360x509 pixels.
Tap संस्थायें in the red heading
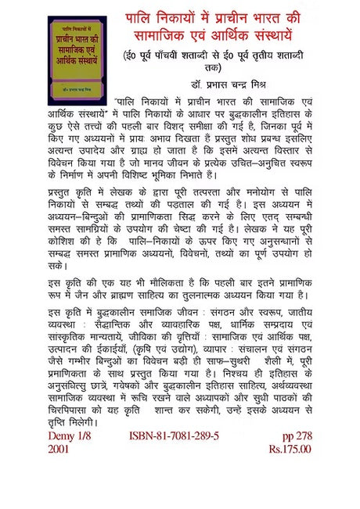[273, 38]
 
